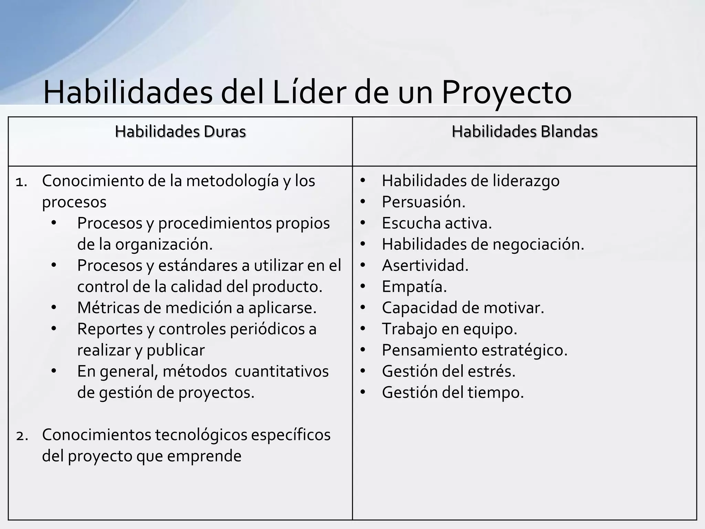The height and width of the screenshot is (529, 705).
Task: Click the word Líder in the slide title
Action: point(308,92)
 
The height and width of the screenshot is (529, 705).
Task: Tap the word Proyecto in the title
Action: point(506,92)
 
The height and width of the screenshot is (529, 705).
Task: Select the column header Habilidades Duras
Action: point(180,132)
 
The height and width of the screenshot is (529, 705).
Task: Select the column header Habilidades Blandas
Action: point(525,132)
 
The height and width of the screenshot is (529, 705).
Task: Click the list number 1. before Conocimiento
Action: point(21,182)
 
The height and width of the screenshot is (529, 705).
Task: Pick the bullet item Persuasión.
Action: point(423,202)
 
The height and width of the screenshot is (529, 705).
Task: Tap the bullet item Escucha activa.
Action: point(437,223)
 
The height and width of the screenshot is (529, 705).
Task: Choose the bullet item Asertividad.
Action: point(425,266)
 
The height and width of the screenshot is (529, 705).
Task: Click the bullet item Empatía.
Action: point(414,287)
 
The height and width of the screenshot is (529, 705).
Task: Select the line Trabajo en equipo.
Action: point(450,329)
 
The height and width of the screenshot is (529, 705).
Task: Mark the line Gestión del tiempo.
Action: point(453,392)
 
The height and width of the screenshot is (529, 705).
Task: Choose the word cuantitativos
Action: point(282,371)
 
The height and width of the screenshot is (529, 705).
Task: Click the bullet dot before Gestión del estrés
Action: point(362,371)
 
